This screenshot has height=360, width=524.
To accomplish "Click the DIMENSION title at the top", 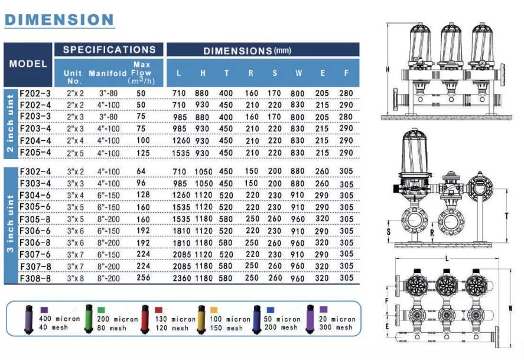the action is (59, 20).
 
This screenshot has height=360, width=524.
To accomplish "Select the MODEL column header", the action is (28, 64).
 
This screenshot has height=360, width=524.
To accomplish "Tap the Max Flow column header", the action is (141, 73).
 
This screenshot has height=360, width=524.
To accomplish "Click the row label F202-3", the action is (35, 93).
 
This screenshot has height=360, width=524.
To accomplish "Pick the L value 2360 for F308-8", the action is (181, 278).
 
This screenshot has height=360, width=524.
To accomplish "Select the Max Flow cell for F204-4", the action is (143, 140).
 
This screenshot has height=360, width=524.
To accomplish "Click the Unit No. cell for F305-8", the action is (75, 219).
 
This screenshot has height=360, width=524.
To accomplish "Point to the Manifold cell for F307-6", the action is (108, 254).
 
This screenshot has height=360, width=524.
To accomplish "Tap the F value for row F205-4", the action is (346, 153).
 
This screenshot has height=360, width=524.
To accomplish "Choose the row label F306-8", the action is (35, 243).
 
